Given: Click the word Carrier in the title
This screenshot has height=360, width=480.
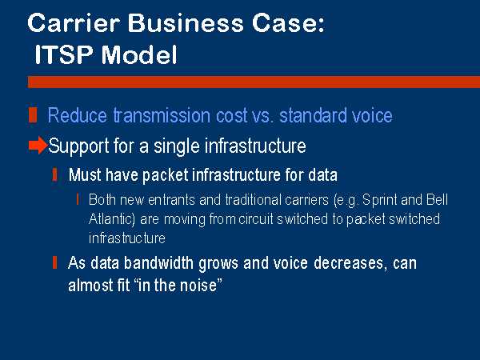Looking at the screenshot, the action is [74, 23].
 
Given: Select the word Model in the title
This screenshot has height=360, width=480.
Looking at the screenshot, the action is [139, 54].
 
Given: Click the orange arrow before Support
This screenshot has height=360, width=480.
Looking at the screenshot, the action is [38, 145].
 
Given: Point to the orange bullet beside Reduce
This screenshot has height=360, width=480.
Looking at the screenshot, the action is [33, 114].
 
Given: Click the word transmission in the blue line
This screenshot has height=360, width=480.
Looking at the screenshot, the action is [162, 115].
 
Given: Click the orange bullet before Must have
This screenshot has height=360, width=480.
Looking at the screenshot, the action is [54, 174].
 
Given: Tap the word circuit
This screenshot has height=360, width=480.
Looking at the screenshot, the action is [256, 219].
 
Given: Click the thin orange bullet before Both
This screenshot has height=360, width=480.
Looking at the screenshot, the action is [78, 199].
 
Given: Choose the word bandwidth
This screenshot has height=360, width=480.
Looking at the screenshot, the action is [158, 263].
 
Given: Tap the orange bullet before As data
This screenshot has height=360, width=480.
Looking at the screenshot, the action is [54, 262].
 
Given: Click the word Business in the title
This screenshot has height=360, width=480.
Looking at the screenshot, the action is [186, 23].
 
